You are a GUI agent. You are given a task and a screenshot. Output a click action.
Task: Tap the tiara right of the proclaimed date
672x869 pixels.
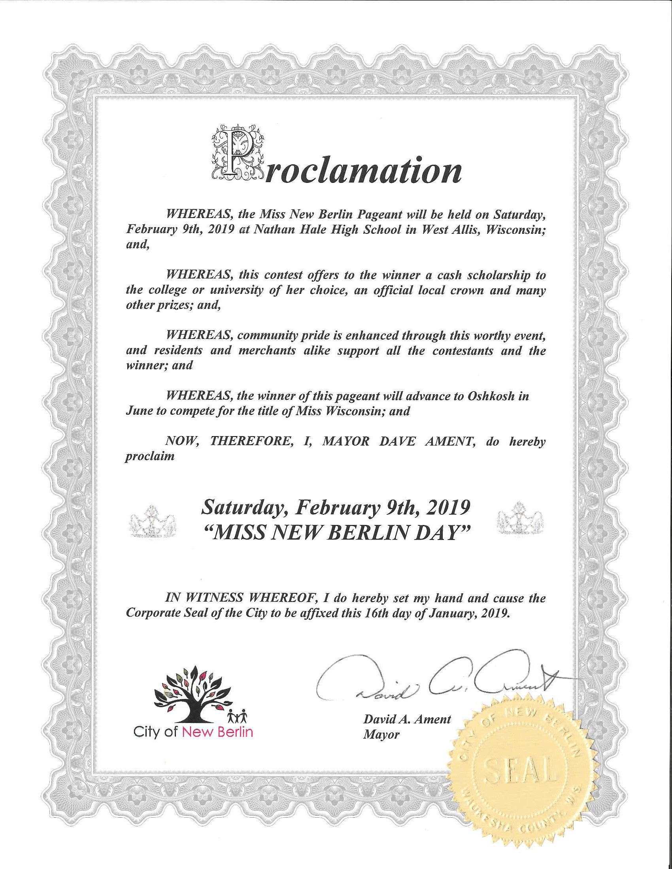pyautogui.click(x=520, y=519)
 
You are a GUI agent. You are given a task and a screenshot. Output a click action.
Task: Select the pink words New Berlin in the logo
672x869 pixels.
pyautogui.click(x=217, y=732)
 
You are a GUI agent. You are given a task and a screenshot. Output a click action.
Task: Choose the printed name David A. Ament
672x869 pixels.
pyautogui.click(x=407, y=719)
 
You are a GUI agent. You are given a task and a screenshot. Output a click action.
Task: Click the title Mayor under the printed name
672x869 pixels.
pyautogui.click(x=381, y=735)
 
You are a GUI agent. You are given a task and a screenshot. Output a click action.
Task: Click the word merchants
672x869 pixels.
pyautogui.click(x=267, y=350)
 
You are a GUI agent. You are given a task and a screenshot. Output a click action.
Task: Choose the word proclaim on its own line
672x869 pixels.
pyautogui.click(x=150, y=456)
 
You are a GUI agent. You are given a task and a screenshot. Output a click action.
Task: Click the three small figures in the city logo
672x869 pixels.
pyautogui.click(x=237, y=717)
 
